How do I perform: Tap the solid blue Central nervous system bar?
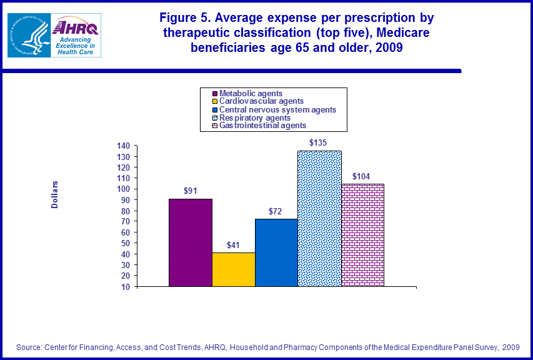click(x=276, y=252)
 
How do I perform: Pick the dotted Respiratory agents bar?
click(x=319, y=219)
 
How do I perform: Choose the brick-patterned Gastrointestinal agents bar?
click(x=362, y=235)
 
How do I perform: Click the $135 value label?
click(x=318, y=142)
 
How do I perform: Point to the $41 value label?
click(x=232, y=244)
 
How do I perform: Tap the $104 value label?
click(x=362, y=176)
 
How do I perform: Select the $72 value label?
click(x=276, y=211)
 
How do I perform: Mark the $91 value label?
click(x=190, y=191)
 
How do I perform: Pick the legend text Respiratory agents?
click(x=255, y=117)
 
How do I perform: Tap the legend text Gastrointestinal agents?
click(x=262, y=126)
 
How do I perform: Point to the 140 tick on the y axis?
click(x=122, y=146)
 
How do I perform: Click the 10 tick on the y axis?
click(x=125, y=286)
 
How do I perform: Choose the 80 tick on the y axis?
click(x=125, y=211)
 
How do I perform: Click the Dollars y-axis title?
click(x=55, y=194)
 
